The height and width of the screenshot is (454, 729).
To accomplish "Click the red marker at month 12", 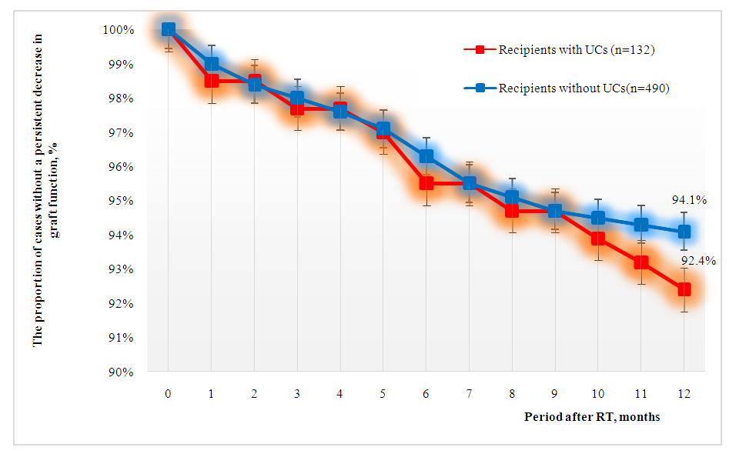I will click(x=684, y=289).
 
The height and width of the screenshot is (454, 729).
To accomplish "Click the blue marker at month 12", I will click(x=684, y=232).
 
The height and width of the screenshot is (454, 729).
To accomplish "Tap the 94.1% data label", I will click(x=689, y=200).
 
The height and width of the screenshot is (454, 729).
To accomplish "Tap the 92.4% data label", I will click(x=699, y=261).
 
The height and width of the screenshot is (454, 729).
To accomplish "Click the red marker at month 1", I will click(x=211, y=81).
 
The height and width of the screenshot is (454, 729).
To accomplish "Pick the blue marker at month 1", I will click(x=211, y=64).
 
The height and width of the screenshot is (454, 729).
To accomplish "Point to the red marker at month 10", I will click(x=597, y=239).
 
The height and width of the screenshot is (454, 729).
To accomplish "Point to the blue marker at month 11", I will click(x=640, y=225).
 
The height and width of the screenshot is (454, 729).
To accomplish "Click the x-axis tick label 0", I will click(x=168, y=393).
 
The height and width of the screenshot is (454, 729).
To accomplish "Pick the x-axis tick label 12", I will click(x=684, y=393).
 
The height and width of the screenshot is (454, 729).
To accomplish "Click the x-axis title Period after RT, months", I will click(x=592, y=417).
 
